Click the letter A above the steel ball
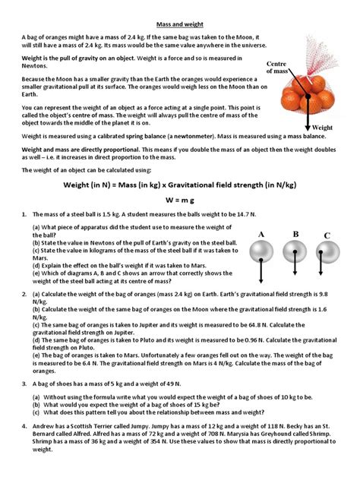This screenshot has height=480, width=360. point(262,233)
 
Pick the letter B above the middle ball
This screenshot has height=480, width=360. point(296,233)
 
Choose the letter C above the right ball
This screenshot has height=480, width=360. point(327,236)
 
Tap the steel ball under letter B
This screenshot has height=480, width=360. point(295,251)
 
